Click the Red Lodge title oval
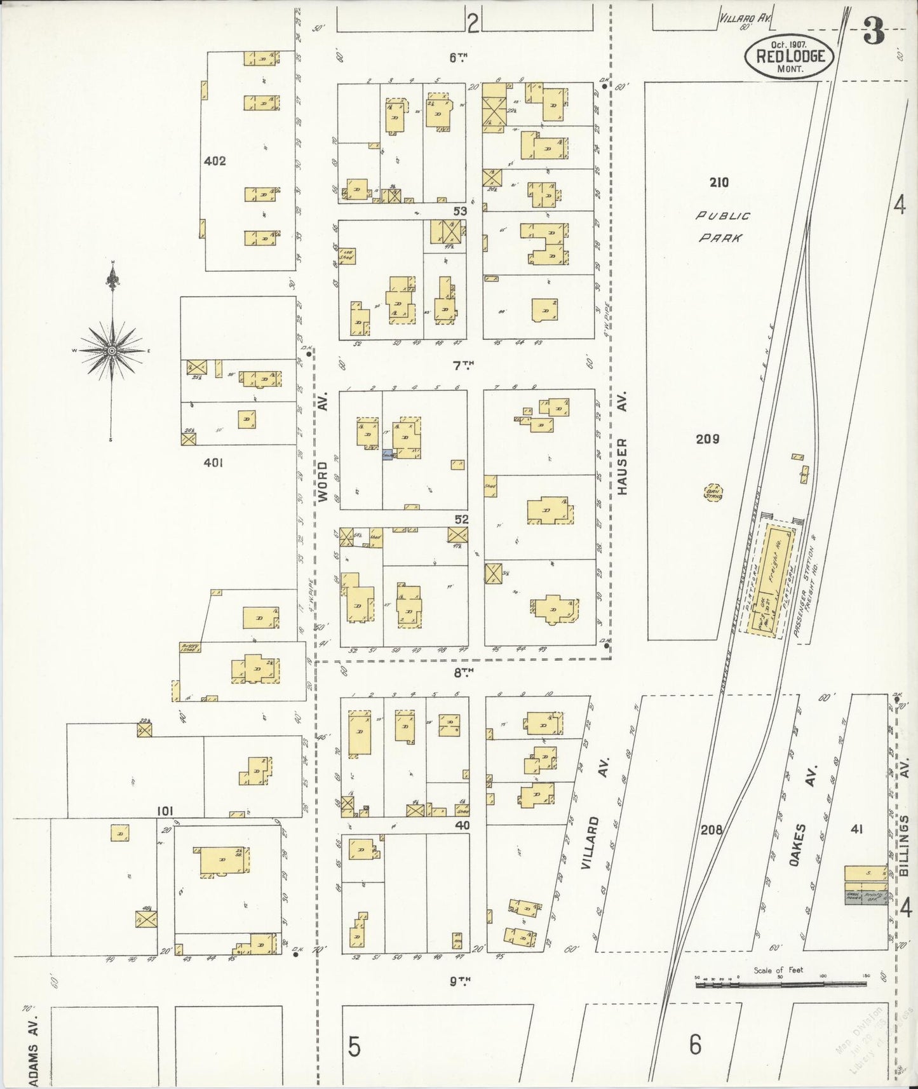[x=789, y=56]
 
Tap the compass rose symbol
[x=112, y=351]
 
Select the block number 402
[x=215, y=161]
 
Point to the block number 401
[x=213, y=463]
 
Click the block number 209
[x=707, y=439]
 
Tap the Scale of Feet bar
[x=781, y=984]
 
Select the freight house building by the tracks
[x=776, y=576]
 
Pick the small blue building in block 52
[x=387, y=455]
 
